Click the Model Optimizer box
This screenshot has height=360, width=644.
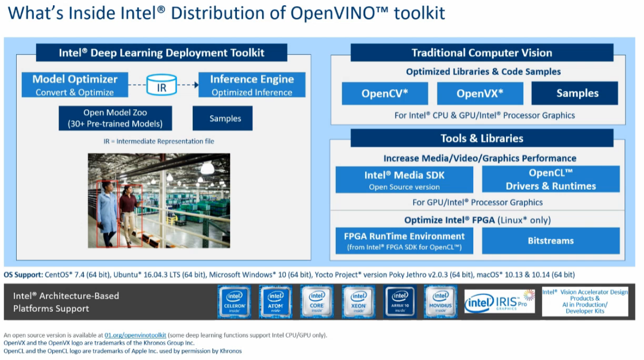[x=75, y=85]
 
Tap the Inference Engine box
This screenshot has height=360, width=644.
[x=252, y=85]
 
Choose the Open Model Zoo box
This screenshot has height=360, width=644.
[x=115, y=118]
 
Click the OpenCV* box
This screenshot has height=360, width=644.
[x=385, y=93]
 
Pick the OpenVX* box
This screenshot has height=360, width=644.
[x=480, y=93]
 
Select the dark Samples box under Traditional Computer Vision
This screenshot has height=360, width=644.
[x=574, y=93]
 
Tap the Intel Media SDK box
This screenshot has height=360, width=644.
[x=404, y=179]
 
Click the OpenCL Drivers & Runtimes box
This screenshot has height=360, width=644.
[x=550, y=179]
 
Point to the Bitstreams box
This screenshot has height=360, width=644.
[x=550, y=240]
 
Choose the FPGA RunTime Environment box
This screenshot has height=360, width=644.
[x=404, y=240]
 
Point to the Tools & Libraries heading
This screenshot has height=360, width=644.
[x=482, y=138]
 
